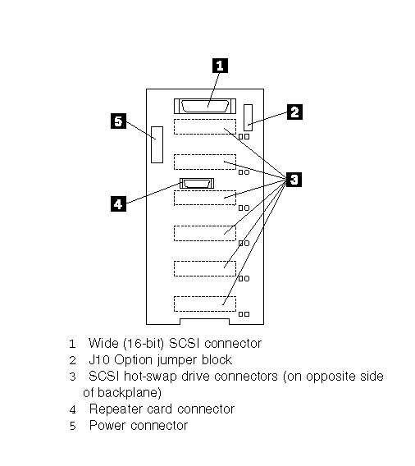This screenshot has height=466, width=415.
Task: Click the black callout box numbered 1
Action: [220, 66]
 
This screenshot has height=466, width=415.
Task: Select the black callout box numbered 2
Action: [294, 112]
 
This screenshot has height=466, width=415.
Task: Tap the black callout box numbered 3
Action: [294, 180]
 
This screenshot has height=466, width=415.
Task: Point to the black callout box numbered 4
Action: [118, 203]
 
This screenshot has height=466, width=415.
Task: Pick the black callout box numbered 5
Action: [118, 121]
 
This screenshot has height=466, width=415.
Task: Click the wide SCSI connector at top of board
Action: [205, 106]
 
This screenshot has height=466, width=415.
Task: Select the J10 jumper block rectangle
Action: [248, 117]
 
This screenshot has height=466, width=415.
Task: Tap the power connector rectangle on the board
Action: [157, 144]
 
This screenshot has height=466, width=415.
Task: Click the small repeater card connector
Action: [197, 184]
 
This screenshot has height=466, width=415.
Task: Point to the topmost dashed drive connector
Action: [205, 127]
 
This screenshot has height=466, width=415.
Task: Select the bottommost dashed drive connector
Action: [205, 304]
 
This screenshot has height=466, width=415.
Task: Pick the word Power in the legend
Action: [107, 425]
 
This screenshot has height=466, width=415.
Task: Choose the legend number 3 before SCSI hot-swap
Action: [73, 377]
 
